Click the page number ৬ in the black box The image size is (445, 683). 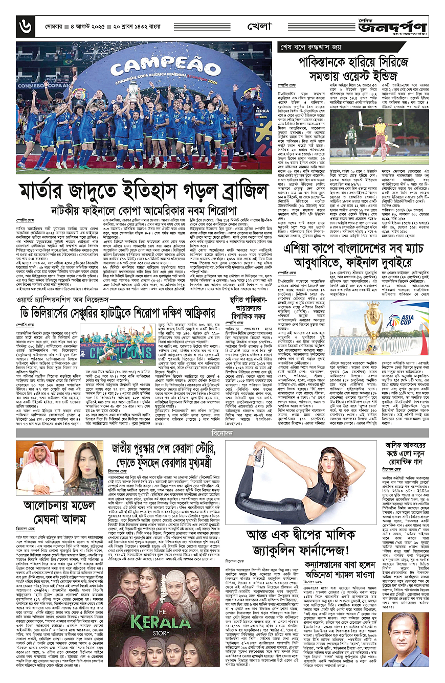click(23, 24)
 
